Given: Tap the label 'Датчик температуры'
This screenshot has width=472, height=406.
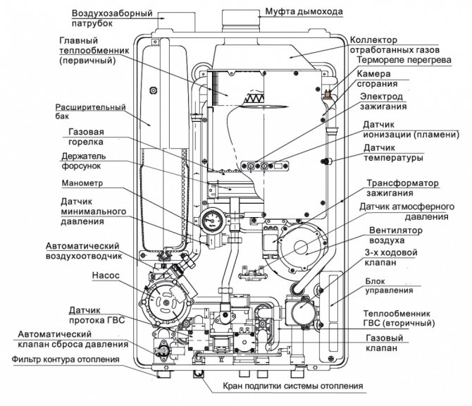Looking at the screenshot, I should click(395, 153).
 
